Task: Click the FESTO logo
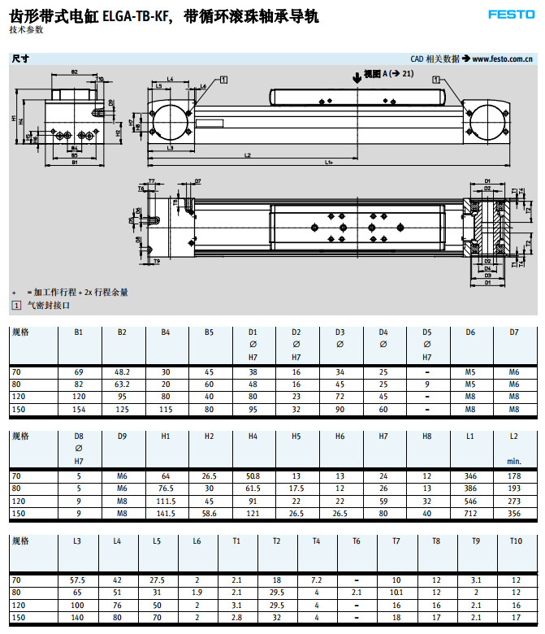[512, 14]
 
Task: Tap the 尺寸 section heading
[20, 59]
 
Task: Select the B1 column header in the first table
[78, 332]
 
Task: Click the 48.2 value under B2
[122, 371]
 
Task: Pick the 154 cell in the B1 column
[78, 410]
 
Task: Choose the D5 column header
[427, 332]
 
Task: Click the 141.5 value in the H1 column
[166, 514]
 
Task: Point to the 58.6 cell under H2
[209, 514]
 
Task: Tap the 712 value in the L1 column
[470, 514]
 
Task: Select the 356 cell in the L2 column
[513, 514]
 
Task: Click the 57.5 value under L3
[78, 580]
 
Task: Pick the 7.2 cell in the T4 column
[317, 580]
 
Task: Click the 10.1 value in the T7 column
[396, 593]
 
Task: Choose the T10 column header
[515, 540]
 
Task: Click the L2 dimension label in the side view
[247, 154]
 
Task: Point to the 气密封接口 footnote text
[49, 305]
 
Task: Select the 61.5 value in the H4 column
[253, 489]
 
